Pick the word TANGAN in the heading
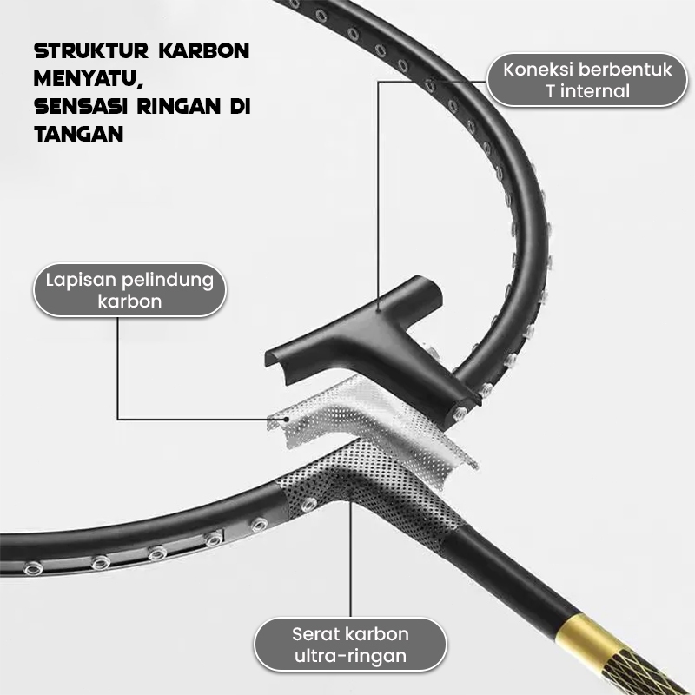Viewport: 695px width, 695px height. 78,135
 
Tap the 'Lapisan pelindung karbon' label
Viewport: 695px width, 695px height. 124,290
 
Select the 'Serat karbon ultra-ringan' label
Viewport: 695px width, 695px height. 350,644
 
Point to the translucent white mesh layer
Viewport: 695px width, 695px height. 374,421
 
